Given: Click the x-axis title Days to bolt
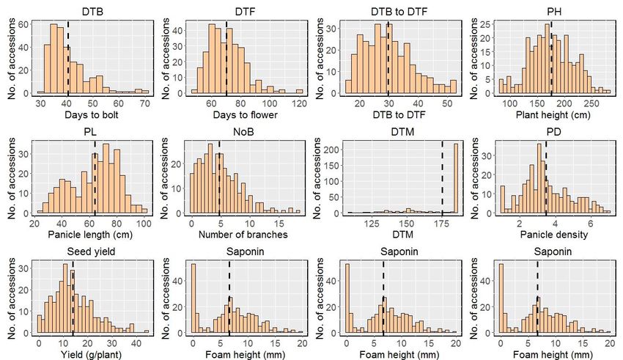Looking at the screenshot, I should pyautogui.click(x=87, y=117).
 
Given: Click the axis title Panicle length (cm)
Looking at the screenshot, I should pyautogui.click(x=87, y=235).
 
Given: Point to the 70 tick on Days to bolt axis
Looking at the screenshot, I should pyautogui.click(x=145, y=103).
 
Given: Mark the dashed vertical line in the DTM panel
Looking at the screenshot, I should pyautogui.click(x=442, y=176).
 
